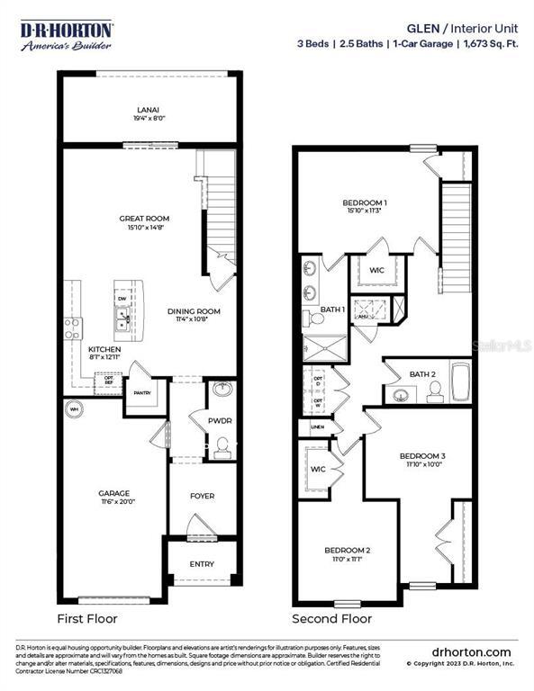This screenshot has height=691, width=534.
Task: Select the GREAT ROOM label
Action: [144, 218]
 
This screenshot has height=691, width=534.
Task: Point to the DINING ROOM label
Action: [194, 312]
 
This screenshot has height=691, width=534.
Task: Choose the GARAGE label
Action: [114, 492]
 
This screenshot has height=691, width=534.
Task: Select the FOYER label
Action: [202, 496]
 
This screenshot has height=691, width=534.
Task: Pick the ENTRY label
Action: [202, 564]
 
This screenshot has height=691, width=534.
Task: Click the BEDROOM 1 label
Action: [365, 202]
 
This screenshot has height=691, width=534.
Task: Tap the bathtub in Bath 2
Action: [459, 383]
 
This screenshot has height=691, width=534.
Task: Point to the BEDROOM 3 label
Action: [422, 456]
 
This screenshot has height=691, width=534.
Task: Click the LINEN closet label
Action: [317, 426]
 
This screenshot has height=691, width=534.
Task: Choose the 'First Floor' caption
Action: [87, 619]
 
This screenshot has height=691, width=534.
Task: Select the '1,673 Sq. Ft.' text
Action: [491, 42]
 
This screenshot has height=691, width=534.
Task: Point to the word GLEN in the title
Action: [426, 28]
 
